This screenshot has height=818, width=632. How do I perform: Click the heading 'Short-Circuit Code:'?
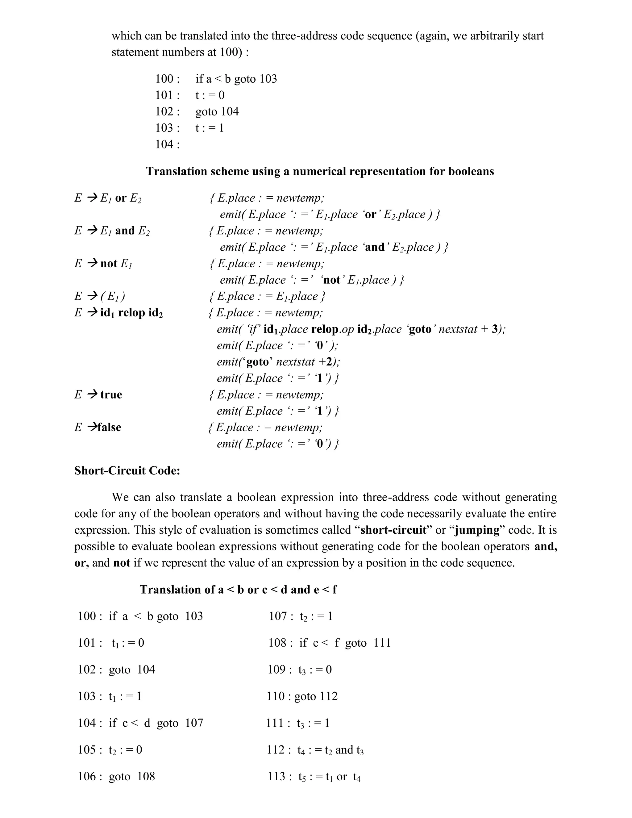coord(127,470)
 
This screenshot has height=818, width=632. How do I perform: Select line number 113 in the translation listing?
coord(276,776)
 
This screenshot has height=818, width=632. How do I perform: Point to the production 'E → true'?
coord(98,394)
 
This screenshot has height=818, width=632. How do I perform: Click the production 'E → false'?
coord(98,427)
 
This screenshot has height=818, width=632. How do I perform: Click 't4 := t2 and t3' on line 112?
coord(331,750)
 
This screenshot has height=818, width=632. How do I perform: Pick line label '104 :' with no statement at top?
coord(167,144)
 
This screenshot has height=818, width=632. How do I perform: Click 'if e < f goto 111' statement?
coord(345,643)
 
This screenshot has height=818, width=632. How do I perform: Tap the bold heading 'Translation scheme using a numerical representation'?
coord(320,171)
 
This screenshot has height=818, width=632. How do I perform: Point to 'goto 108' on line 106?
coord(132,776)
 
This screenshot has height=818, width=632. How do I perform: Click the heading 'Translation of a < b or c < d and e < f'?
coord(238,590)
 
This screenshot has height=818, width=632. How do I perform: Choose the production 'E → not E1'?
coord(103,264)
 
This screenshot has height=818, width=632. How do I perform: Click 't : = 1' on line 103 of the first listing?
coord(209,128)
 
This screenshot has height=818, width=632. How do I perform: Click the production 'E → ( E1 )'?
coord(100,296)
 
